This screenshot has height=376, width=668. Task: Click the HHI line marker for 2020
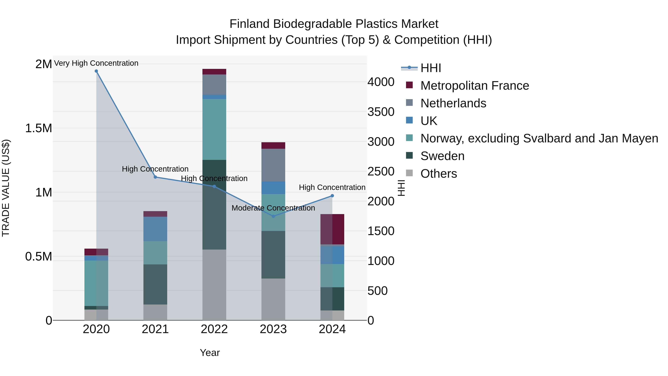coord(96,71)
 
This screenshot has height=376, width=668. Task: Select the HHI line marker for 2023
coord(273,216)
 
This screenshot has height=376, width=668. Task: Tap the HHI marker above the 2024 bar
coord(332,196)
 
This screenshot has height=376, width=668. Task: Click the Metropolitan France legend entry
coord(474,86)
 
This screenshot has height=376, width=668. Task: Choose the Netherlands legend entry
coord(453,103)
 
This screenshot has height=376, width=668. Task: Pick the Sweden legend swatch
coord(409,156)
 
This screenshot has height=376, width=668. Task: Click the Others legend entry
coord(438,174)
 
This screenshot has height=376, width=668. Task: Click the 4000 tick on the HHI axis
coord(381,82)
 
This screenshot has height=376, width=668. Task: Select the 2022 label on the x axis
coord(214,329)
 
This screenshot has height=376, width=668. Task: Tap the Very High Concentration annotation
coord(96,63)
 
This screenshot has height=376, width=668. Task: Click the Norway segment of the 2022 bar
coord(214,129)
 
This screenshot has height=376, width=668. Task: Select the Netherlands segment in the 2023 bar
coord(273,165)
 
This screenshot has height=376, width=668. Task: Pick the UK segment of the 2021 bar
coord(155,229)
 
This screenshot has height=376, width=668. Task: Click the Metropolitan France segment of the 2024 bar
coord(332,229)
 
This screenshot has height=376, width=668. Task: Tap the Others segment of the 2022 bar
coord(214,285)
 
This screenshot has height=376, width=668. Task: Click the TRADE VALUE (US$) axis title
coord(6,188)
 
